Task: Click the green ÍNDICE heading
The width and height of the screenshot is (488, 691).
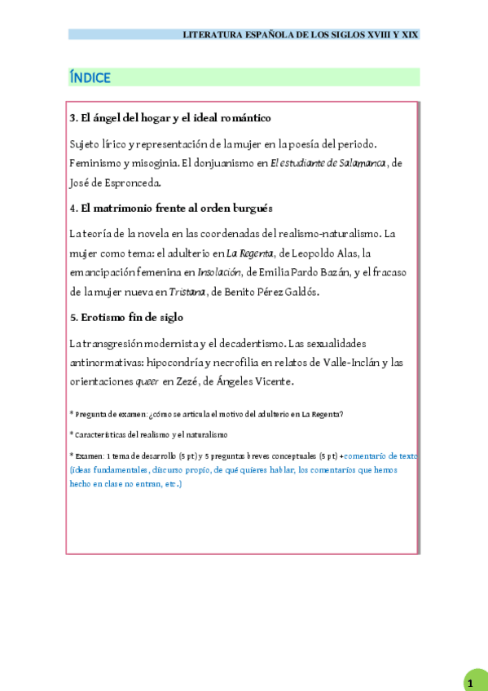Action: pyautogui.click(x=90, y=78)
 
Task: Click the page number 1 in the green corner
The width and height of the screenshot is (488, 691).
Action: pyautogui.click(x=470, y=683)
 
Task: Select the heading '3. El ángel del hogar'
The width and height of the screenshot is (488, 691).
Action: pyautogui.click(x=170, y=118)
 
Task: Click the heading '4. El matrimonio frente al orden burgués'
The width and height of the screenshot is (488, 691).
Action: pyautogui.click(x=171, y=208)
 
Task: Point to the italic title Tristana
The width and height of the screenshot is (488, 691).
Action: pyautogui.click(x=187, y=292)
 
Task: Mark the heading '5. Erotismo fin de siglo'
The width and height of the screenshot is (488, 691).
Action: pyautogui.click(x=126, y=317)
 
